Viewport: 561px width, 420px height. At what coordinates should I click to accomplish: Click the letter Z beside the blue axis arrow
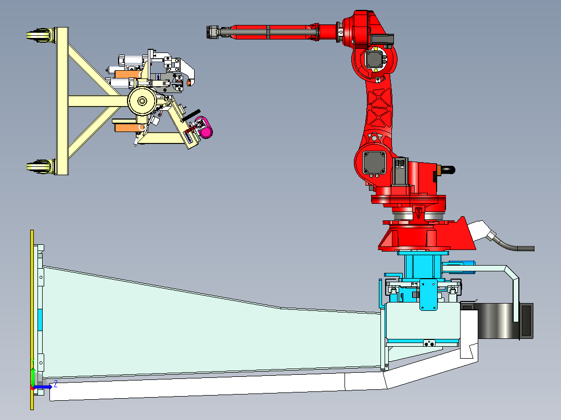pyautogui.click(x=56, y=385)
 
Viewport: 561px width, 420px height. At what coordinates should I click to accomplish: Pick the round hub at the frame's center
pyautogui.click(x=143, y=101)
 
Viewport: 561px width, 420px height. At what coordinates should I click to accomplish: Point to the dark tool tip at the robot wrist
pyautogui.click(x=213, y=32)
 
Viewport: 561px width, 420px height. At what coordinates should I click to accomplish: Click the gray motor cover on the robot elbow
pyautogui.click(x=375, y=59)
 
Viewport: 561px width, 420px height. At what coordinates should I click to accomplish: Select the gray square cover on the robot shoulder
pyautogui.click(x=374, y=163)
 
